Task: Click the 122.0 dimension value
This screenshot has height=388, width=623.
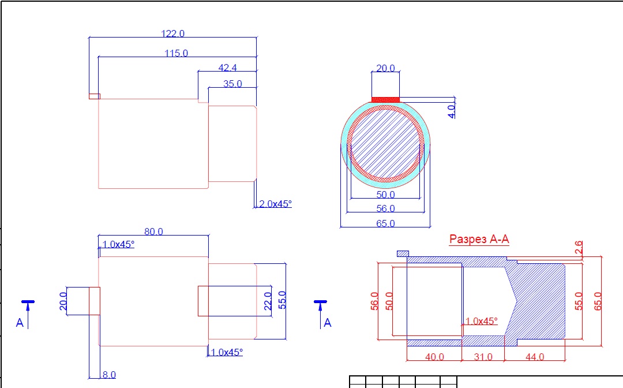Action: (173, 34)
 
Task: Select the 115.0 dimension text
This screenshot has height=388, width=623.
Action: (176, 53)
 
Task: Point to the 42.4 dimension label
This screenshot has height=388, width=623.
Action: (228, 68)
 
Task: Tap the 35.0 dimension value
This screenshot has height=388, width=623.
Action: (232, 84)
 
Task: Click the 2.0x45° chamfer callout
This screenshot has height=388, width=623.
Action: (276, 204)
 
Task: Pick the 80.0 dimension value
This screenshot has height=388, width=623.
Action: (153, 232)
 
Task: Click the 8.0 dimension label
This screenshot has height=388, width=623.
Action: (108, 375)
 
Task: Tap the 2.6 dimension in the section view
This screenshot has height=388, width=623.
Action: (579, 248)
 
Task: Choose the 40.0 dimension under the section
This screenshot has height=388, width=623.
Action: (434, 357)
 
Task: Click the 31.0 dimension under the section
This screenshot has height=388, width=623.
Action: (483, 357)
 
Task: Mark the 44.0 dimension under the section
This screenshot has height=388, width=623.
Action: (534, 357)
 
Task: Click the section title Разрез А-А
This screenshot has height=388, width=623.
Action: (479, 239)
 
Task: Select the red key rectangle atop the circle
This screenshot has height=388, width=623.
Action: (385, 100)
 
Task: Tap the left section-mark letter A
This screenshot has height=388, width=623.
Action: (20, 323)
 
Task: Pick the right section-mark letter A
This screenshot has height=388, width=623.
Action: (328, 323)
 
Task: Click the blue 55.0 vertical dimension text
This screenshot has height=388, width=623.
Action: (282, 300)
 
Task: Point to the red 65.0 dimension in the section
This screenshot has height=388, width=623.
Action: (597, 301)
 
